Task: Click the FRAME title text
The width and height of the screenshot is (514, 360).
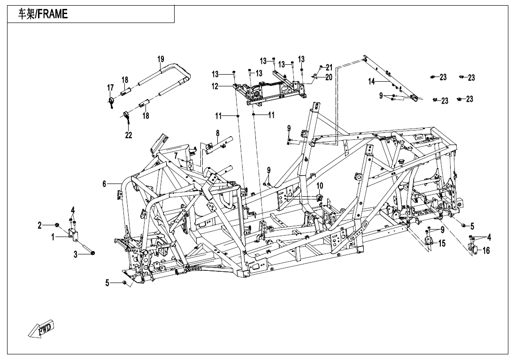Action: coord(43,14)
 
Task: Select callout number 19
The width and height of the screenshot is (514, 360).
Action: coord(161,59)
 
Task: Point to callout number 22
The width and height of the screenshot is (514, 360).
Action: coord(128,135)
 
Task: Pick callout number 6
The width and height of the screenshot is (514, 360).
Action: coord(105,184)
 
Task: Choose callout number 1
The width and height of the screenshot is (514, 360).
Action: coord(54,237)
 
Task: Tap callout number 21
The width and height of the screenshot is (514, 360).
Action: coord(329,67)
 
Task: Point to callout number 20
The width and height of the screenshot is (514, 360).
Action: coord(329,77)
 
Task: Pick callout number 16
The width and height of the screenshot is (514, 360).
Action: coord(486,251)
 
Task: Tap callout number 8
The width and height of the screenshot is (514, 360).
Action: coord(217,133)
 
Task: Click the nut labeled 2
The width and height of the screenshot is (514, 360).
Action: coord(56,226)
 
